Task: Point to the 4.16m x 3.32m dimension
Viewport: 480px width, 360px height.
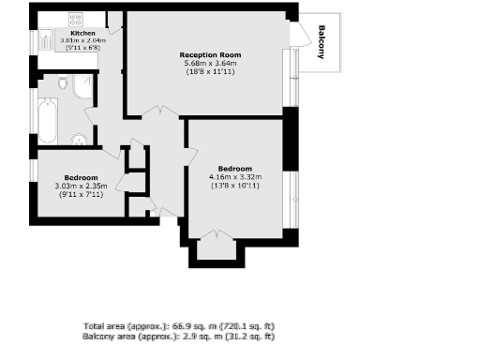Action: click(233, 177)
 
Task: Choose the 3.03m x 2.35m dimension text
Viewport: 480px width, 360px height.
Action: click(82, 186)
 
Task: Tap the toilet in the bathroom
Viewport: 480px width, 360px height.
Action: click(63, 84)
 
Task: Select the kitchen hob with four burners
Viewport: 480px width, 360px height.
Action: click(74, 19)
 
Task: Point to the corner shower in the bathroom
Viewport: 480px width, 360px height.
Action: click(83, 85)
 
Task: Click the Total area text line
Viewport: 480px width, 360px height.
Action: click(178, 326)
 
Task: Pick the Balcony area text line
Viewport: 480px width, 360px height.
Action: click(178, 336)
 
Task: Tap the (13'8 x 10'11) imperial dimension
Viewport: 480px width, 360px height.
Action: click(233, 186)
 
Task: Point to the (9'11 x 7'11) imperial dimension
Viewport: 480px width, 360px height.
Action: click(82, 194)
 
